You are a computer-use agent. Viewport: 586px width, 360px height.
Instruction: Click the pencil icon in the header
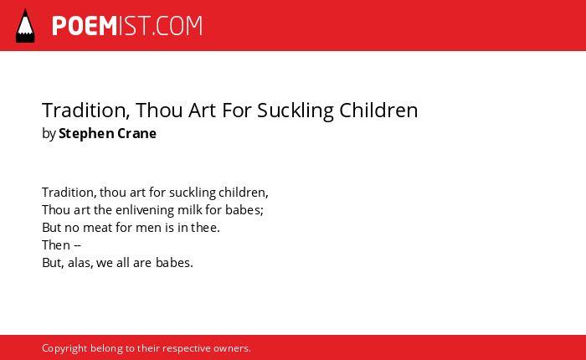point(25,25)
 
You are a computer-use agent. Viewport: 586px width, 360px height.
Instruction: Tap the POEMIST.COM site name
point(127,26)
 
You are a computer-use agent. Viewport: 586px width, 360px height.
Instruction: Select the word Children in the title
point(378,111)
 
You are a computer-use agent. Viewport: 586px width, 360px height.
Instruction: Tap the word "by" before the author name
point(49,134)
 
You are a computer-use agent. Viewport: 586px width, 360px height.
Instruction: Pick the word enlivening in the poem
point(145,210)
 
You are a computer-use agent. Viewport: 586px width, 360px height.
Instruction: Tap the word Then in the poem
point(56,245)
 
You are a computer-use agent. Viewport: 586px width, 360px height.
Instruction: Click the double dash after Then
point(77,245)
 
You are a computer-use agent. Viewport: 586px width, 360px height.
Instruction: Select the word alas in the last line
point(80,263)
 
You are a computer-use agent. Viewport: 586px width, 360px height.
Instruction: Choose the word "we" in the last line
point(105,263)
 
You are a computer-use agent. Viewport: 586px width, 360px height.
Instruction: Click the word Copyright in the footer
point(64,348)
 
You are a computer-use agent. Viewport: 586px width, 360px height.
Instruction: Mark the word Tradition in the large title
point(86,111)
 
